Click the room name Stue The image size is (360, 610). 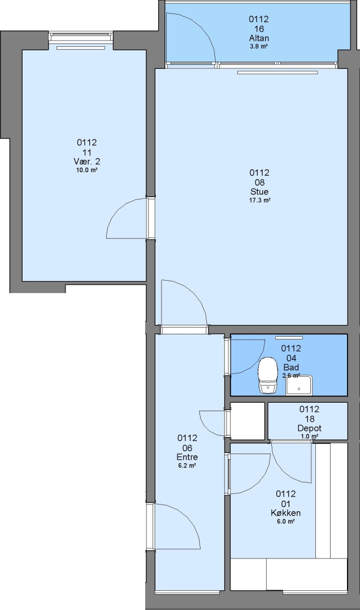tap(259, 192)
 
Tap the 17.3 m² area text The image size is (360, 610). tap(259, 201)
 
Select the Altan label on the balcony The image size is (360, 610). tap(259, 38)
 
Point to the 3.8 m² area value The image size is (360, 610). tap(259, 46)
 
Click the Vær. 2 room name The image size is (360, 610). tap(87, 162)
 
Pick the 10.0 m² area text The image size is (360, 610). tap(87, 170)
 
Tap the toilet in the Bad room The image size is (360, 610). tap(268, 375)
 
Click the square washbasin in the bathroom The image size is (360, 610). tap(299, 386)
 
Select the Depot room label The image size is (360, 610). tap(309, 428)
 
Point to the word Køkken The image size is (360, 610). tap(285, 513)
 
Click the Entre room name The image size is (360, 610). tap(187, 457)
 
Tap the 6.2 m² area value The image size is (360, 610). tap(187, 465)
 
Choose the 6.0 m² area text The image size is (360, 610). tap(285, 521)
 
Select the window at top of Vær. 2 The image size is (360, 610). tap(81, 37)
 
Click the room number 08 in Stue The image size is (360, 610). tap(259, 182)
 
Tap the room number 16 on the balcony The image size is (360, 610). tap(259, 29)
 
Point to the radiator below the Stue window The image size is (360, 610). tap(277, 72)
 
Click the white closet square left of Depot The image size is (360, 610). tap(248, 421)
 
